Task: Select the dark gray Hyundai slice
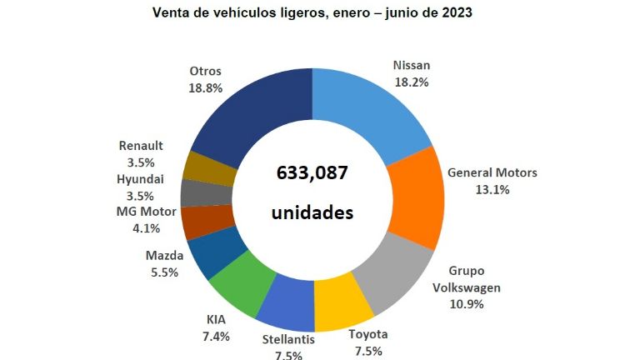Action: point(199,193)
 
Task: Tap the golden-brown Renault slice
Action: point(205,167)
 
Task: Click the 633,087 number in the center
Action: point(312,172)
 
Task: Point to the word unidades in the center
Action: point(312,212)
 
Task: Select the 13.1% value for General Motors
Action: point(492,189)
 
